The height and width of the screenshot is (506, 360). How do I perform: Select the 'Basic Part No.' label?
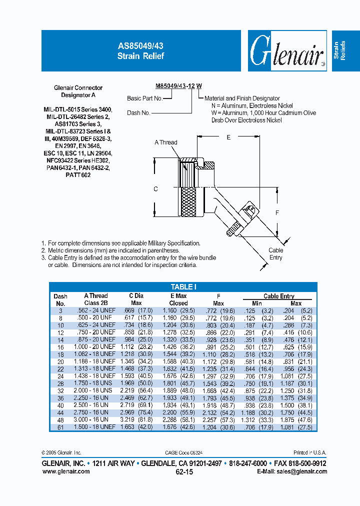[144, 98]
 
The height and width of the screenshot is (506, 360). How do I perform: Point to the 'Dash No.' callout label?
[138, 113]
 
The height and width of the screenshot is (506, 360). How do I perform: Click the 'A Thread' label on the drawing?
[165, 142]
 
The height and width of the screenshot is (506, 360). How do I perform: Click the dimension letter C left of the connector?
[155, 189]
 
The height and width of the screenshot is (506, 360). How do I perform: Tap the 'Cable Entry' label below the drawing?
[275, 254]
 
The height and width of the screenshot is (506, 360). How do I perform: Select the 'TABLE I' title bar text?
[183, 286]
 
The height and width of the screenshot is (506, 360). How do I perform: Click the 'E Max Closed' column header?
[178, 299]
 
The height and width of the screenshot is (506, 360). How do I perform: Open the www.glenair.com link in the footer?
[65, 471]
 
